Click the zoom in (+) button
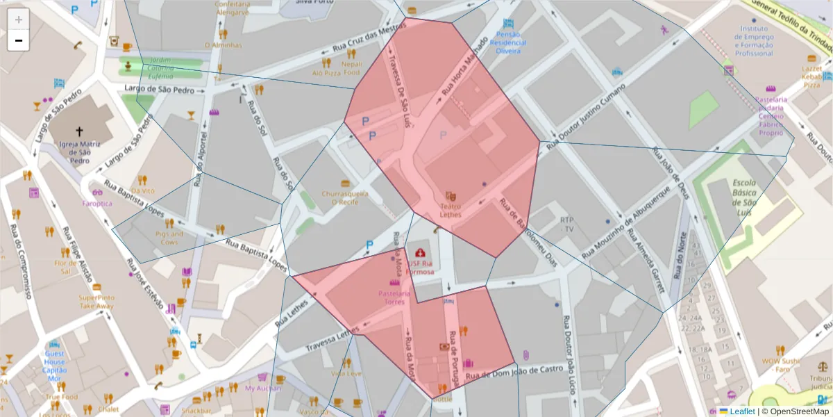[19, 19]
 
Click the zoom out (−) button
[19, 40]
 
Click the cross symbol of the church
[79, 131]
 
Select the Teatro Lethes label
[451, 211]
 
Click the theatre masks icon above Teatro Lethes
[451, 197]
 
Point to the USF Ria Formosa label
[421, 268]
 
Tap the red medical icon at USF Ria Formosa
[420, 253]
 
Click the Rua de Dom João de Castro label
[514, 373]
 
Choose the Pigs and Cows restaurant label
[170, 238]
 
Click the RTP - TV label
[567, 224]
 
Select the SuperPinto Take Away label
[96, 302]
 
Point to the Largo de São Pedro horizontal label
[159, 89]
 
